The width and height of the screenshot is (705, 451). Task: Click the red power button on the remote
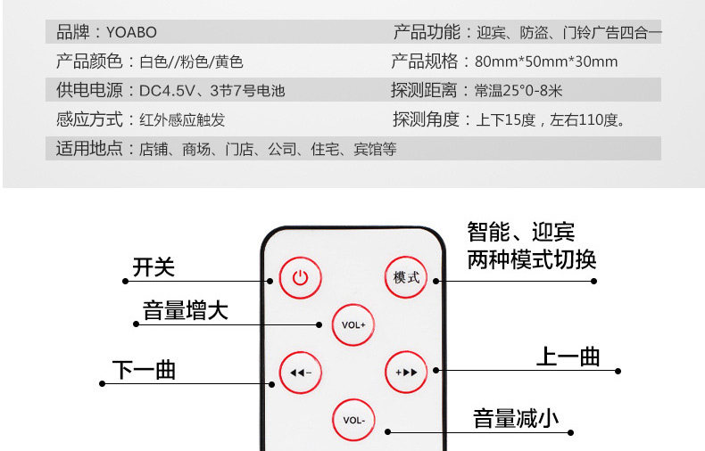point(300,277)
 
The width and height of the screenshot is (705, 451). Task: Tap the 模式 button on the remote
point(406,277)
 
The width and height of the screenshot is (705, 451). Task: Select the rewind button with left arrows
point(300,372)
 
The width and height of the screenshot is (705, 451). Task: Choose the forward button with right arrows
point(406,372)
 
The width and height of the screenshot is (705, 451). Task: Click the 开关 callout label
point(153,267)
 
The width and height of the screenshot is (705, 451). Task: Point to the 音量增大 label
point(186,311)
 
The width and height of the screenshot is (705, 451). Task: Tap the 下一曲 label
point(144,370)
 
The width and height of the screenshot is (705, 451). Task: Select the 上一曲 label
point(568,357)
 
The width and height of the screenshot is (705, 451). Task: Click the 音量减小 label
point(515,418)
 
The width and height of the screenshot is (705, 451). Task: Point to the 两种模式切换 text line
point(532,260)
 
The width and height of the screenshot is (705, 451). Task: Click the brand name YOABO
point(131,33)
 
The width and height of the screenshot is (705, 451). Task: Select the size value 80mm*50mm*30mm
point(546,61)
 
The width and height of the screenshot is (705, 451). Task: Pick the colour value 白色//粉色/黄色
point(191,61)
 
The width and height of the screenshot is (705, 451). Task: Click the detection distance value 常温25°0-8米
point(518,90)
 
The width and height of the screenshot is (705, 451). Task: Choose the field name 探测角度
point(426,119)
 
